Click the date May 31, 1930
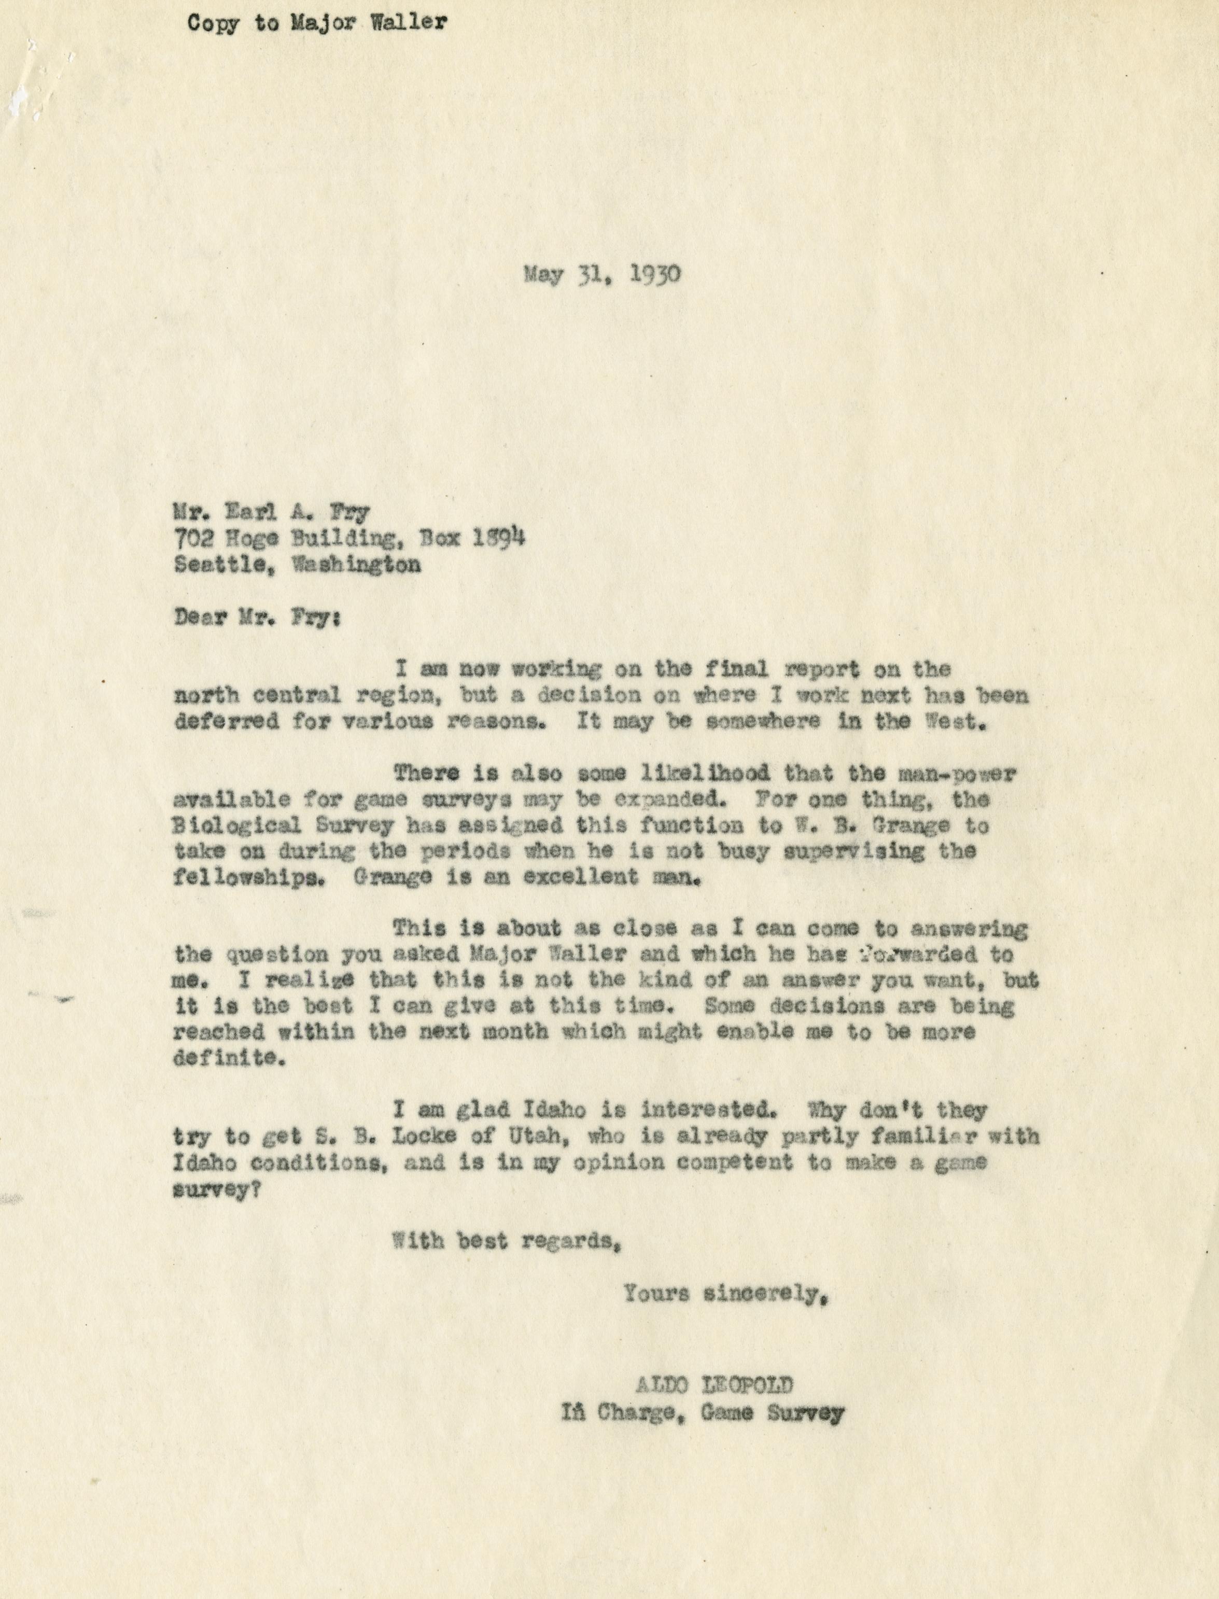pyautogui.click(x=601, y=276)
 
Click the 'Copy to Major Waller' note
pyautogui.click(x=317, y=23)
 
